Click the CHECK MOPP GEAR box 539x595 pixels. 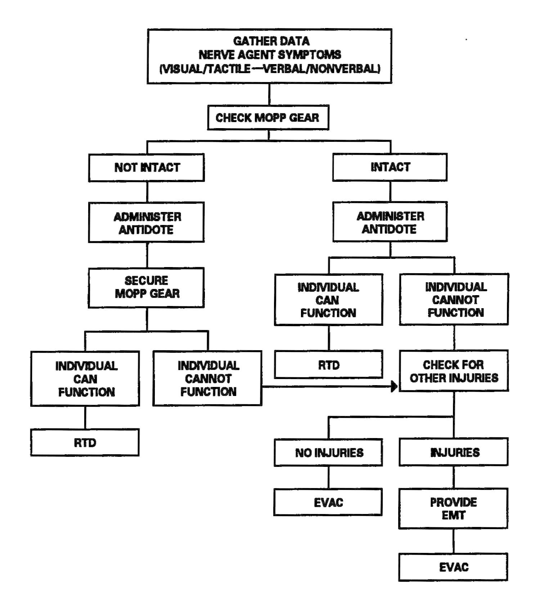[268, 118]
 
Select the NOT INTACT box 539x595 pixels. [147, 167]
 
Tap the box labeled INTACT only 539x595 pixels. [390, 167]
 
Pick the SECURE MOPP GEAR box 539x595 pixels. [147, 287]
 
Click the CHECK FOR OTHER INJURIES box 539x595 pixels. [454, 371]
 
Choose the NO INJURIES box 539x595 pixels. [328, 452]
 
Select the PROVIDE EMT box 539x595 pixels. [453, 508]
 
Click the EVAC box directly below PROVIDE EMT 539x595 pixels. [453, 567]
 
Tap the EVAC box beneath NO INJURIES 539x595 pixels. [328, 502]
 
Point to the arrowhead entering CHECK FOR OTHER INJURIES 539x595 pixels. [394, 387]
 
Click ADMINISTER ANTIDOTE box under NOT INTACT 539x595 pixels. [147, 222]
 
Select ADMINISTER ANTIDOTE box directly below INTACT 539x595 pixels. [390, 222]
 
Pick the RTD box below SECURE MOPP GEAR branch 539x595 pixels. [85, 442]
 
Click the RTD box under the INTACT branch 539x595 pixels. [328, 365]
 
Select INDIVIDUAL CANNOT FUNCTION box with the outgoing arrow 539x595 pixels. [208, 378]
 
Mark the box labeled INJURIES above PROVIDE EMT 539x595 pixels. [454, 452]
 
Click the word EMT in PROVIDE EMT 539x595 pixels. [453, 515]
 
